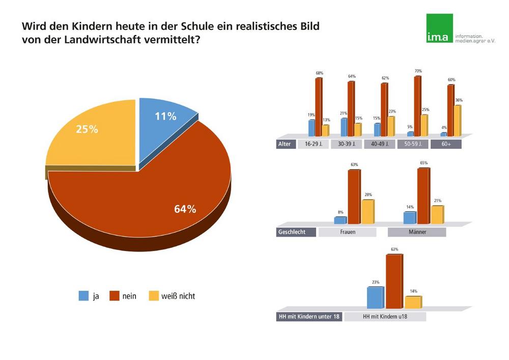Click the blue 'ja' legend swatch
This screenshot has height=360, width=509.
tap(84, 296)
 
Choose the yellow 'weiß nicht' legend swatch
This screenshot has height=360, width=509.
tap(153, 296)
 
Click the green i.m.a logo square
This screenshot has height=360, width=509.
tap(440, 29)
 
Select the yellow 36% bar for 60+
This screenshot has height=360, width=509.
tap(457, 121)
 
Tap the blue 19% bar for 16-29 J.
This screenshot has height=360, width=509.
tap(311, 128)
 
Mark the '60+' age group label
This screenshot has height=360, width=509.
tap(445, 144)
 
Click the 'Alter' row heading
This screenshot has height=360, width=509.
tap(285, 144)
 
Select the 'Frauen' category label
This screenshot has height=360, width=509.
tap(347, 232)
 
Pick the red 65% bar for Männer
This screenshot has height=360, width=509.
tap(422, 196)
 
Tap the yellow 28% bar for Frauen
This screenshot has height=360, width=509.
tap(367, 212)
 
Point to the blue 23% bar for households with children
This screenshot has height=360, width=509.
tap(375, 298)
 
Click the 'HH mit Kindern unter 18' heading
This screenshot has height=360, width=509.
tap(308, 316)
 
